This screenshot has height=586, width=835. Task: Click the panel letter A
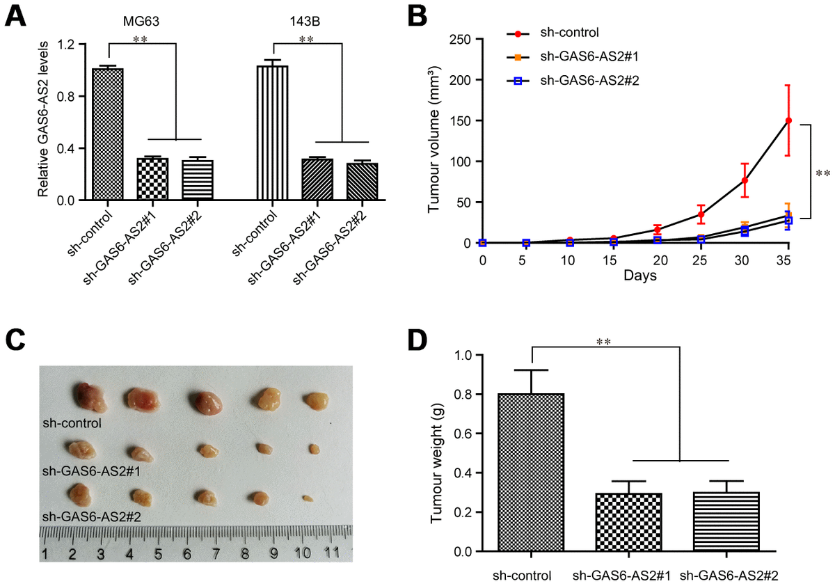[x=17, y=16]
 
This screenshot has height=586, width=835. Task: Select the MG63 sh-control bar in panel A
[x=108, y=134]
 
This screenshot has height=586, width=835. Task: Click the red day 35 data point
[x=788, y=120]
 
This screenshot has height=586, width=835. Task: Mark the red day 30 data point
[x=745, y=180]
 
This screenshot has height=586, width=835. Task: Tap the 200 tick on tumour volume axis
[x=456, y=80]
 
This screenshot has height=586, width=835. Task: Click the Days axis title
[x=635, y=276]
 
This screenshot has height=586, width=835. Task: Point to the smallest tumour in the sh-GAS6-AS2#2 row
[x=308, y=498]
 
